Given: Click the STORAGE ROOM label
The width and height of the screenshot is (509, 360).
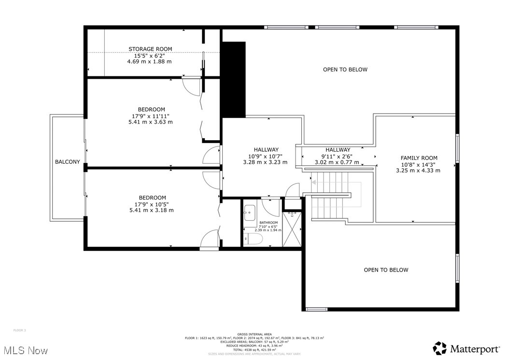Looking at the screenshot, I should click(150, 49).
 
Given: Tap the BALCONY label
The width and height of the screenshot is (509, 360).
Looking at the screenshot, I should click(67, 162).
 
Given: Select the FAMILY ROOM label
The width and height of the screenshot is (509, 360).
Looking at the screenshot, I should click(419, 158).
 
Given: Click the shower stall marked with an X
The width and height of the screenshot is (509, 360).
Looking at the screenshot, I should click(292, 229).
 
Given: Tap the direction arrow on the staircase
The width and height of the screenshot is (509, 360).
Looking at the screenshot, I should click(314, 183).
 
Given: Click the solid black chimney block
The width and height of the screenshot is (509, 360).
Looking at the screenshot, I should click(234, 79).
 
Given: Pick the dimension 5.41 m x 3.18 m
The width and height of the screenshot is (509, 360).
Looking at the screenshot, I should click(151, 210).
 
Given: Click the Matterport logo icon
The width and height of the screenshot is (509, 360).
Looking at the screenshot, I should click(439, 348).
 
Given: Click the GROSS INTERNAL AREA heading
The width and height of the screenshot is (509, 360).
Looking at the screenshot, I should click(254, 334).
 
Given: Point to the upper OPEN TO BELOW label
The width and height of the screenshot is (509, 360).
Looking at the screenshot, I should click(345, 70).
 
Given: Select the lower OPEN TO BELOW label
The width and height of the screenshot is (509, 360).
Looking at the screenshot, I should click(385, 270).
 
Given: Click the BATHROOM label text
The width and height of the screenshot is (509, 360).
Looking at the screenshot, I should click(269, 223).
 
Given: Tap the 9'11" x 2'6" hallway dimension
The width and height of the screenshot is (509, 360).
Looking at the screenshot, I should click(338, 156).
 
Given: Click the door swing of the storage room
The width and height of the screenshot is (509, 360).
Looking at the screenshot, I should click(192, 86).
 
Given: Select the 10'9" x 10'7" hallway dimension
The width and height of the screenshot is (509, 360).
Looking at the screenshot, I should click(265, 156).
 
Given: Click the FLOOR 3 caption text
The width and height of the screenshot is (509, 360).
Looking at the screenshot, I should click(19, 330).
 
